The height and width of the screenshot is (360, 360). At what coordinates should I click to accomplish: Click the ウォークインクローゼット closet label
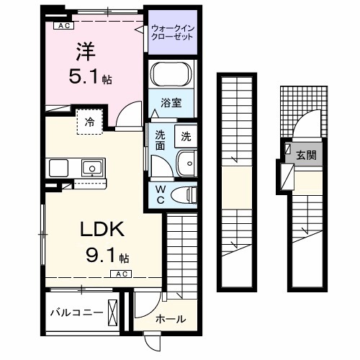172,32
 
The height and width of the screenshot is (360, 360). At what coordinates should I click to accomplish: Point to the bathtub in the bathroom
172,75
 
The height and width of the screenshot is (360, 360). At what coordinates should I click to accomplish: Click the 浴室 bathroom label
171,103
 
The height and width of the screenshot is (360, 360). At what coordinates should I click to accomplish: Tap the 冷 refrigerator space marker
90,122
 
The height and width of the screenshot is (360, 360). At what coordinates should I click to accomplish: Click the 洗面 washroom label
161,140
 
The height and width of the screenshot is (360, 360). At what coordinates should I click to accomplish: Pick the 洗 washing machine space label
186,135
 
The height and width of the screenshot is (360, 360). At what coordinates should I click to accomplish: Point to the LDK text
102,230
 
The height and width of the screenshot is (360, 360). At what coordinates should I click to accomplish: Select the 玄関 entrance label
306,154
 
